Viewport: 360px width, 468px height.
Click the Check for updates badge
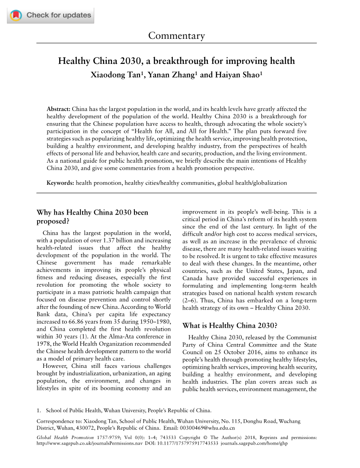[51, 16]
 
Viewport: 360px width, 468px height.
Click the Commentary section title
[176, 35]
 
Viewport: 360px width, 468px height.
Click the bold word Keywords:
[61, 183]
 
